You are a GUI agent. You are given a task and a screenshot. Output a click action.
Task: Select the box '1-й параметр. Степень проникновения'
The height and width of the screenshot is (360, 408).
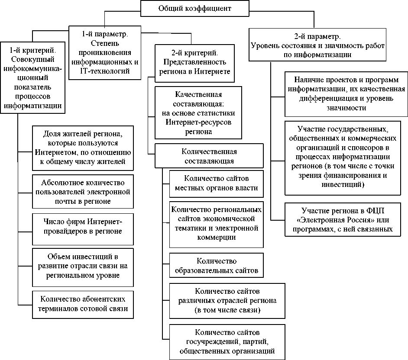pos(105,53)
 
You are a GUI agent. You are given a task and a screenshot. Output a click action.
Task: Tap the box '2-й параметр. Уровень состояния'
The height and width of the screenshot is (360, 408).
pos(317,45)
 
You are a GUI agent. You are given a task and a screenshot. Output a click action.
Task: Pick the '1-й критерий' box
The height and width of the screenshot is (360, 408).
pos(33,77)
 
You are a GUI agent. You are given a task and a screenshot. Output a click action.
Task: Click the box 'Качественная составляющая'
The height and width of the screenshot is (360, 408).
pos(194,112)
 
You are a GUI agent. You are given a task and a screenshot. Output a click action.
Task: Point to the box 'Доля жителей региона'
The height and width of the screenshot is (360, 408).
pos(83,148)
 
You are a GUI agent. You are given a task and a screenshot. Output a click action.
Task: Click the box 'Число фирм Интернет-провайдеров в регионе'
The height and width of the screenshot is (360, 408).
pos(83,226)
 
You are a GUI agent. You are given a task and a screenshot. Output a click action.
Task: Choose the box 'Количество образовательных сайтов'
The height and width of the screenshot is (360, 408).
pos(216,266)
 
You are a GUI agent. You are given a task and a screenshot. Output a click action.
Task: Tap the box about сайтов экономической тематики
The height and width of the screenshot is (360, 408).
pos(216,223)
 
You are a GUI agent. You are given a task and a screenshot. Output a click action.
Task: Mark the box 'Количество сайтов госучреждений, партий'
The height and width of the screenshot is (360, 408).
pos(227,342)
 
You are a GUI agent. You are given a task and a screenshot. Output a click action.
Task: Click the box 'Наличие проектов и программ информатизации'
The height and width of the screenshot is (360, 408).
pos(346,94)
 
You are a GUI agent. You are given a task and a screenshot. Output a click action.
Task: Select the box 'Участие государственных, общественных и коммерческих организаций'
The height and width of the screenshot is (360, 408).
pos(346,157)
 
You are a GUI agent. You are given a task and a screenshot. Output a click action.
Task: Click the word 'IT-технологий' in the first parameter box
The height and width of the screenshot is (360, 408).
pos(105,71)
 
